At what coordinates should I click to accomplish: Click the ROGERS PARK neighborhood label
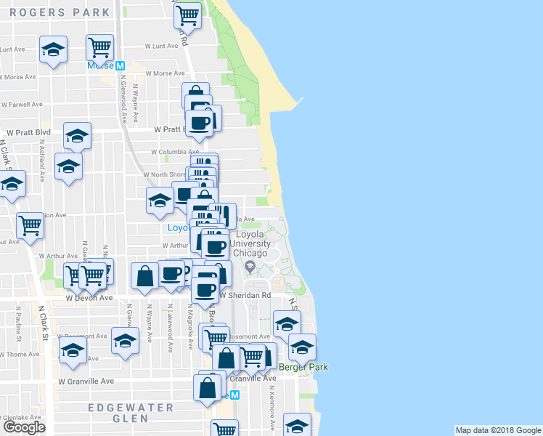tap(60, 12)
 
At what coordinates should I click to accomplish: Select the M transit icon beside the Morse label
tap(121, 65)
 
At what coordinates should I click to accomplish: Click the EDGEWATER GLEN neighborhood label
tap(131, 413)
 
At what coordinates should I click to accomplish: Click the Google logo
tap(24, 427)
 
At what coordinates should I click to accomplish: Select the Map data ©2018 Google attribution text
tap(497, 430)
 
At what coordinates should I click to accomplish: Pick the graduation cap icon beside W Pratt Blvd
tap(77, 135)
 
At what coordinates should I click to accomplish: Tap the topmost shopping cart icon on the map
tap(188, 14)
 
